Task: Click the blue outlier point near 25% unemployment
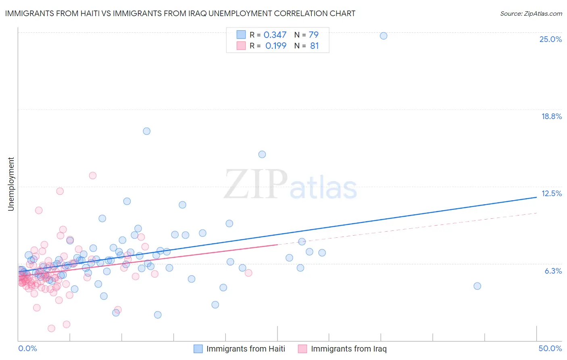click(384, 36)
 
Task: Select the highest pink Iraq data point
click(93, 176)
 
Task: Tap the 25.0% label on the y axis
click(550, 39)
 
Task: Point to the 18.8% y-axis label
click(551, 116)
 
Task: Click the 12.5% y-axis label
click(551, 193)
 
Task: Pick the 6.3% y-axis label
click(553, 271)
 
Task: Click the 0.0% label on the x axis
click(27, 348)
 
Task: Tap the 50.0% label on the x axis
click(550, 348)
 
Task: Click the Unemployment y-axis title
click(11, 184)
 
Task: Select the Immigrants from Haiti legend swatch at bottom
click(198, 349)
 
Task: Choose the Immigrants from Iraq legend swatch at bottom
click(302, 349)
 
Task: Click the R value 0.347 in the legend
click(275, 35)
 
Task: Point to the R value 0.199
click(276, 46)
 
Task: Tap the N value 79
click(314, 35)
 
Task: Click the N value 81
click(315, 46)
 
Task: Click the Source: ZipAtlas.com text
click(531, 14)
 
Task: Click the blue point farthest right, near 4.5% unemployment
click(477, 286)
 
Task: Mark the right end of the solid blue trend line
click(536, 197)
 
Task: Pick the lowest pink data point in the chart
click(51, 329)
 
